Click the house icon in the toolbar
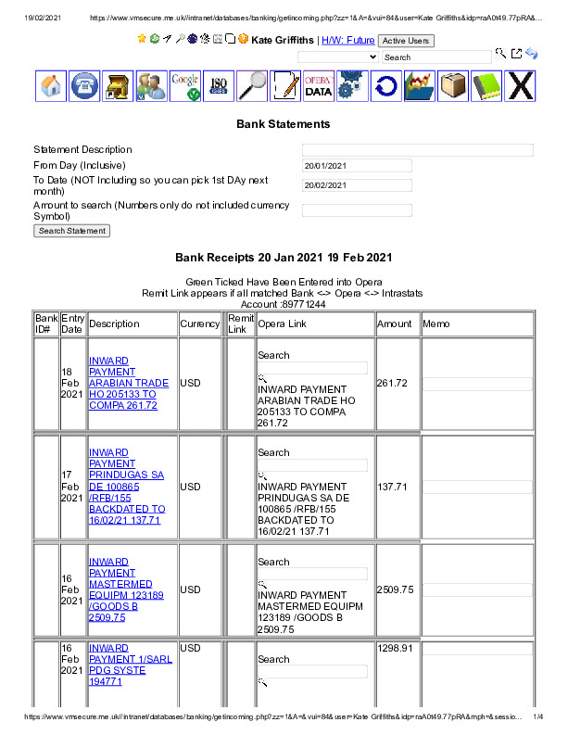[52, 85]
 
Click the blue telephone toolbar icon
[84, 85]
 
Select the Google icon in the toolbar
[185, 85]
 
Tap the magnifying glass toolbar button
[251, 85]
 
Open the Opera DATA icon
[318, 85]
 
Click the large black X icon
[522, 85]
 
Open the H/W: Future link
[347, 40]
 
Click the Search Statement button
[72, 231]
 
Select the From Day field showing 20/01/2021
[357, 166]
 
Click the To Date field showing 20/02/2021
[357, 185]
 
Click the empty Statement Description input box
[418, 150]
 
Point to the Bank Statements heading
[283, 123]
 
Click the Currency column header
[200, 324]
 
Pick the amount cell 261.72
[393, 383]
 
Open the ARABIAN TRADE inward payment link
[129, 383]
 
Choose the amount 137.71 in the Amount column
[393, 487]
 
